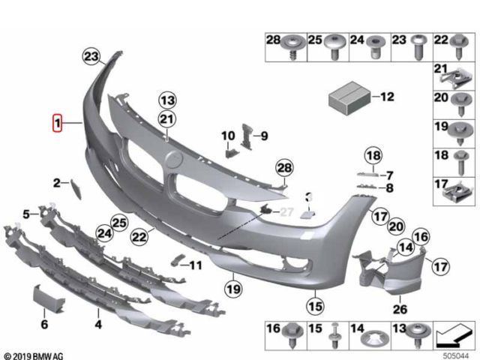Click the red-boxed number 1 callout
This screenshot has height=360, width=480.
[x=57, y=122]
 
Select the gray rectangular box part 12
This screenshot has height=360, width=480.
[x=349, y=97]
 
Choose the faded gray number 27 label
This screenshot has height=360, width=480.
[x=286, y=213]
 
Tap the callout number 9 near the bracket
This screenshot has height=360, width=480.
[x=264, y=136]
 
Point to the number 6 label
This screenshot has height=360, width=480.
[x=43, y=325]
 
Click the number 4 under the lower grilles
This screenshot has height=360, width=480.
[x=97, y=325]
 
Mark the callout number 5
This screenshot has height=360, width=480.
[x=25, y=214]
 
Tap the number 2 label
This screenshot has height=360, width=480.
[x=56, y=182]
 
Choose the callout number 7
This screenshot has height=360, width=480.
[x=388, y=174]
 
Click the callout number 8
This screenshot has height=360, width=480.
[x=388, y=187]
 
